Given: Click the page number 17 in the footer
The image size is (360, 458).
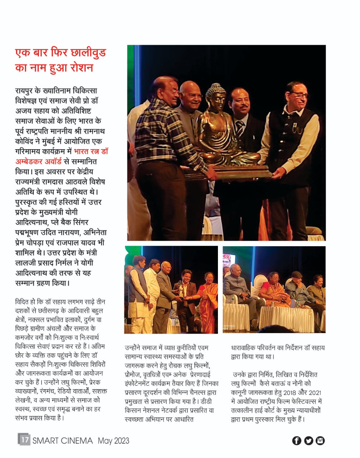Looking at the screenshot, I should (24, 439).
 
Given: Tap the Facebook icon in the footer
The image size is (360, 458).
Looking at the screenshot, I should (297, 440).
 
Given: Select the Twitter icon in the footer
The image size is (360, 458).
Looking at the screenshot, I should (308, 440).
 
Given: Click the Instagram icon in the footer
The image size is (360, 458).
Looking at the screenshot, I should (320, 440).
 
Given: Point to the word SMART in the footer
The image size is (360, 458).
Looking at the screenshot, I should (46, 440).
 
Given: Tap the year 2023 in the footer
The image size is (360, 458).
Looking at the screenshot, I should (121, 440).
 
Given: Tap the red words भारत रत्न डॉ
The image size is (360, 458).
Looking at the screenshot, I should (91, 151).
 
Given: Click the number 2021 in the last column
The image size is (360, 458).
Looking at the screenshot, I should (315, 393).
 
